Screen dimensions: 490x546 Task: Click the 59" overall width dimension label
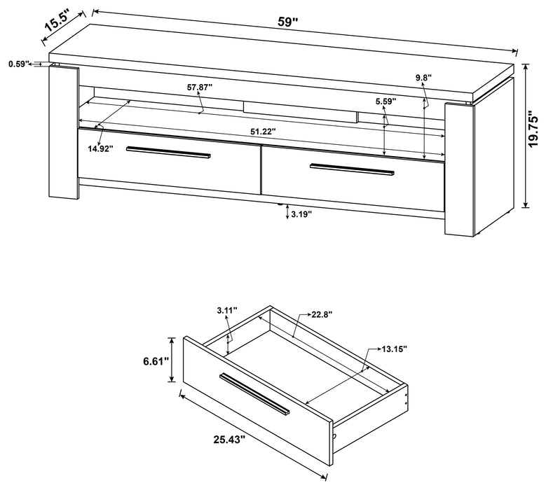click(287, 22)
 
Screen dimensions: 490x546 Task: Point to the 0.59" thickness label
click(19, 64)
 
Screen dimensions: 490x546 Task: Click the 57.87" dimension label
click(200, 87)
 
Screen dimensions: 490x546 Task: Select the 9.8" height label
click(423, 78)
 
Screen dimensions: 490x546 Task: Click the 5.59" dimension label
click(385, 101)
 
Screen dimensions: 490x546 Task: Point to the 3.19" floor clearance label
click(301, 214)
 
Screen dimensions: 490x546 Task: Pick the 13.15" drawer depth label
click(394, 348)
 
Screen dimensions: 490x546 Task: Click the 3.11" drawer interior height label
click(227, 309)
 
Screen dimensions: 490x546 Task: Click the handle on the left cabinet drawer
click(168, 153)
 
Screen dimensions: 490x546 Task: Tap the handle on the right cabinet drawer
click(352, 169)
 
